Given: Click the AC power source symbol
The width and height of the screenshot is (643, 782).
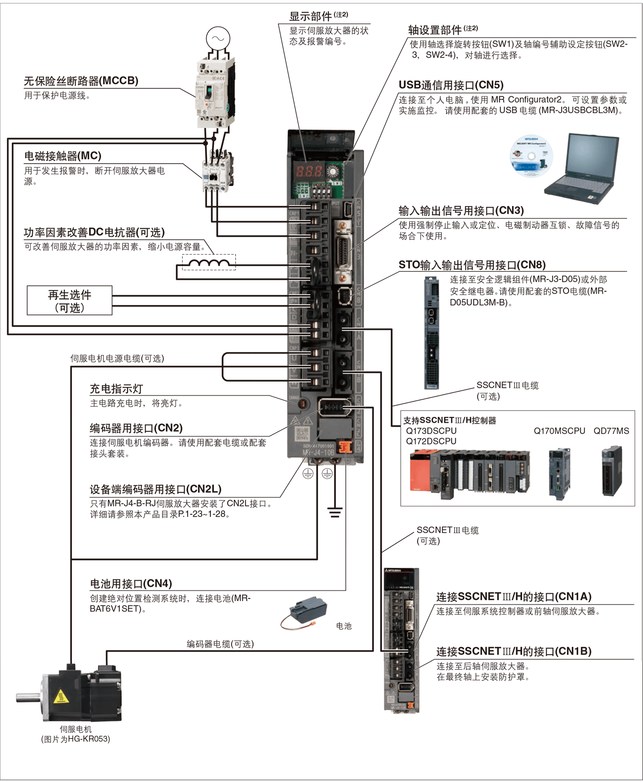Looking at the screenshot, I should coord(218,38).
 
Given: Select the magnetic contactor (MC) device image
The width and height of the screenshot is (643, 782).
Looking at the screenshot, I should coord(217,172).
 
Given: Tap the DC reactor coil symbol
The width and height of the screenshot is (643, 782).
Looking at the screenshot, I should coord(208,263).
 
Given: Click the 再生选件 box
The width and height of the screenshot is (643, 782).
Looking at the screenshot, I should coord(69,301).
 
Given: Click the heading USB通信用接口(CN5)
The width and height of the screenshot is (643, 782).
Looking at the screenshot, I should coord(451,85).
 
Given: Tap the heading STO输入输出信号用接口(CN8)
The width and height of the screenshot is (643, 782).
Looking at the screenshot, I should coord(472,265).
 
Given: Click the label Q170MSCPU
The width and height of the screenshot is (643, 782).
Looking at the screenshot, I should coord(559,431).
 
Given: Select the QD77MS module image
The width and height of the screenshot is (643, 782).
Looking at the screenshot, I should coord(612,471).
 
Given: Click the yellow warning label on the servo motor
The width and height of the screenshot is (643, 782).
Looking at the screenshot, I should coord(61,696).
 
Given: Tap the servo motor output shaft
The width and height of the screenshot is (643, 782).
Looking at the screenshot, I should coord(28,698).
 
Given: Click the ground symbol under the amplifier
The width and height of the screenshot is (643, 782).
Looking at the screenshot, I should coord(335,512).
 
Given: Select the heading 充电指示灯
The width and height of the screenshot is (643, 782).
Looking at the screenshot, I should coord(116,389).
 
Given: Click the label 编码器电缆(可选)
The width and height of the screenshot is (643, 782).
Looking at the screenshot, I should coord(220,644).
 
